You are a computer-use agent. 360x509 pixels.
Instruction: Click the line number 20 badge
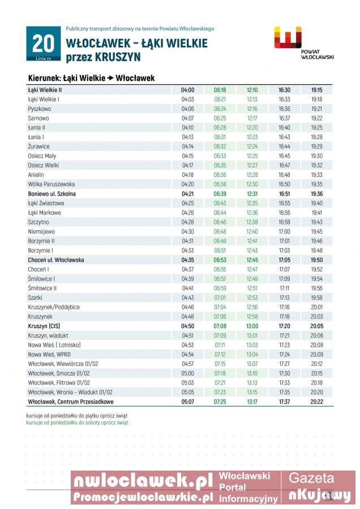(x=43, y=44)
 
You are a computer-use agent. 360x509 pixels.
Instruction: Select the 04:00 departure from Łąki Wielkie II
(x=188, y=90)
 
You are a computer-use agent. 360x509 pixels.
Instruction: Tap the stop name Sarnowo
(x=38, y=118)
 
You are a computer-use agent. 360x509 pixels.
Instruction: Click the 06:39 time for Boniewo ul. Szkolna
(x=220, y=194)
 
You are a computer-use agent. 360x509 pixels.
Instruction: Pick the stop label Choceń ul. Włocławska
(x=56, y=260)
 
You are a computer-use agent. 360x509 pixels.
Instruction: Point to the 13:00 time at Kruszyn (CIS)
(x=252, y=326)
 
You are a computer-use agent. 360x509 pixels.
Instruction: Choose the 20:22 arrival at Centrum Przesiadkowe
(x=316, y=402)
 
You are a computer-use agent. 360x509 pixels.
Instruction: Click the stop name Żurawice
(x=39, y=146)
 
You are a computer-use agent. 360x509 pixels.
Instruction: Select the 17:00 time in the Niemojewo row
(x=284, y=232)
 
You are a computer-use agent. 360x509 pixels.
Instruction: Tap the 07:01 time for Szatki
(x=220, y=298)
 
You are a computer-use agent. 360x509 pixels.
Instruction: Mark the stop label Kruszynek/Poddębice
(x=54, y=307)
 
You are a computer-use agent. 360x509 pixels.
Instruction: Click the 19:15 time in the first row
(x=316, y=90)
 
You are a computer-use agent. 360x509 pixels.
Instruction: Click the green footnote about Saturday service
(x=78, y=422)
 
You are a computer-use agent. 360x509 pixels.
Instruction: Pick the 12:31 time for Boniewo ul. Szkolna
(x=252, y=194)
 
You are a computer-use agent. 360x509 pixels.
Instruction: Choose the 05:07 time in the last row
(x=188, y=402)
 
